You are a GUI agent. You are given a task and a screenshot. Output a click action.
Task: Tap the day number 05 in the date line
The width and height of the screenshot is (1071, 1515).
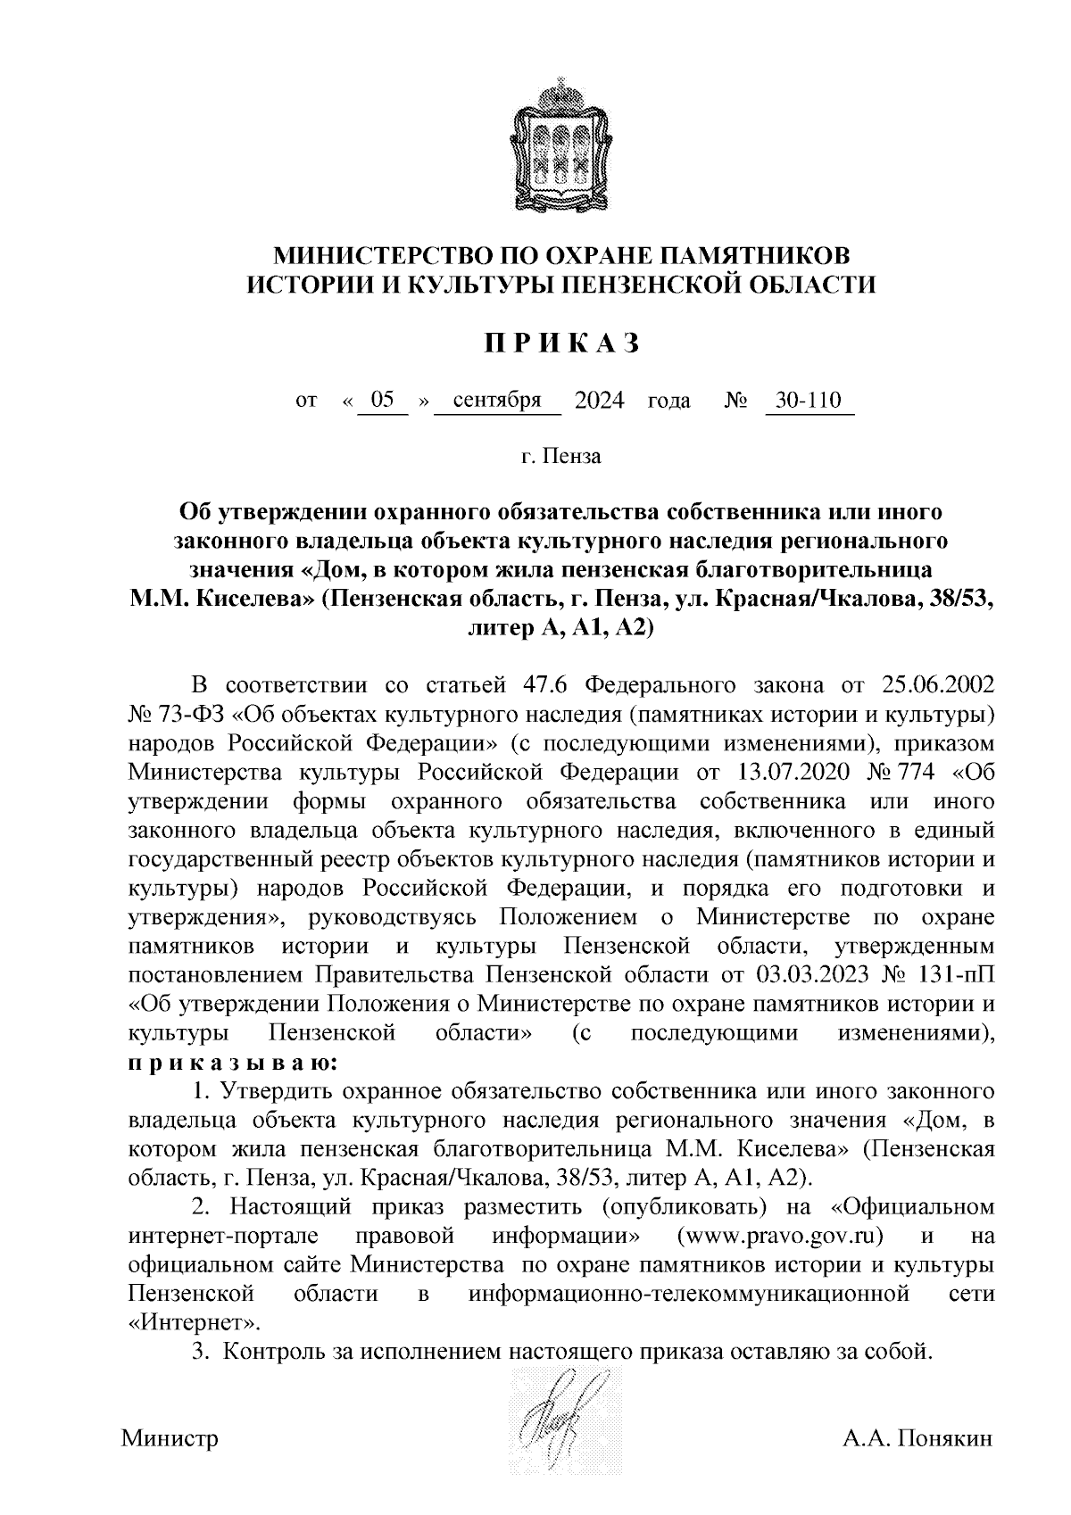pyautogui.click(x=383, y=401)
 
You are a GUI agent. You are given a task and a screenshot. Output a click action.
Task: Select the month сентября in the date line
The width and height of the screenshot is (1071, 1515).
pyautogui.click(x=497, y=401)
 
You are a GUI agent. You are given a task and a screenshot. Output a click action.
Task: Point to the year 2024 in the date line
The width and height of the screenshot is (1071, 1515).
pyautogui.click(x=600, y=401)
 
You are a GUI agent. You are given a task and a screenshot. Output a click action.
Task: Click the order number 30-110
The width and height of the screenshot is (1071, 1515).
pyautogui.click(x=809, y=401)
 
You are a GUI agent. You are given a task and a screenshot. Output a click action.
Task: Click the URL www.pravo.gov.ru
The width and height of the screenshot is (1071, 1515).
pyautogui.click(x=780, y=1237)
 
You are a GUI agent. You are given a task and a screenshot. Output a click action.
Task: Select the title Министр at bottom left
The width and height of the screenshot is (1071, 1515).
pyautogui.click(x=170, y=1439)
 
